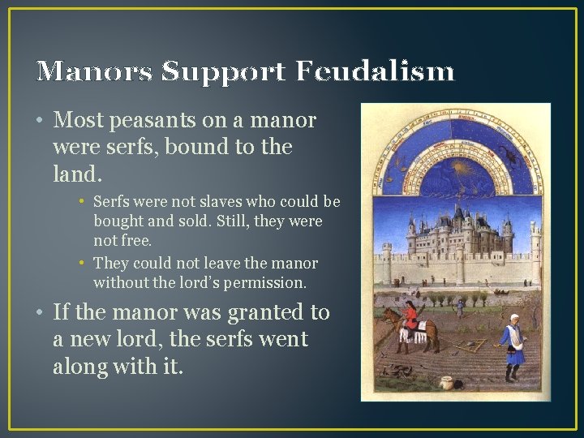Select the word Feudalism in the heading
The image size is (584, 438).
374,71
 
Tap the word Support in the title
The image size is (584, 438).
224,71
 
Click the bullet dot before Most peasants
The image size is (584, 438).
39,122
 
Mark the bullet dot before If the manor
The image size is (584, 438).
39,312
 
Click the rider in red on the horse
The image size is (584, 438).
413,316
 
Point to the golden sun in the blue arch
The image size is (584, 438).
454,168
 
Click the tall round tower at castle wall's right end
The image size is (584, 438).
535,251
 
